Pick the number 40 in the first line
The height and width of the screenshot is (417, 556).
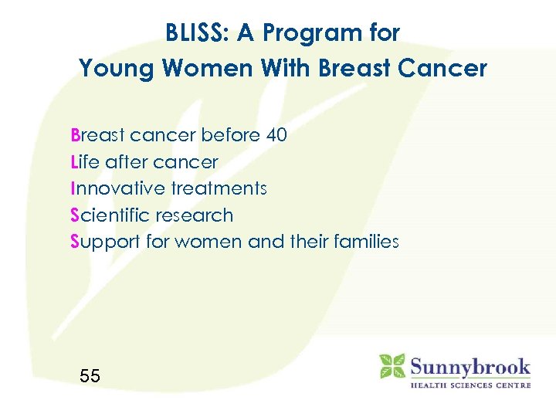click(x=276, y=136)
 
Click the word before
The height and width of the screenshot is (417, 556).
click(x=230, y=136)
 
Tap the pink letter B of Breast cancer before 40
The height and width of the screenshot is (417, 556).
click(x=75, y=136)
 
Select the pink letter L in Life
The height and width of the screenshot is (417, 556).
click(x=73, y=162)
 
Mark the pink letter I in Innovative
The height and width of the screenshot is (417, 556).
click(x=72, y=188)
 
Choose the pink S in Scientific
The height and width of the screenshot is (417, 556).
click(x=75, y=215)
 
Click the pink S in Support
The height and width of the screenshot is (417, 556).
click(x=75, y=242)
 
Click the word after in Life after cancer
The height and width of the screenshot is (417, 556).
click(x=125, y=162)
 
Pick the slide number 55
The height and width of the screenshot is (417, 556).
click(x=90, y=376)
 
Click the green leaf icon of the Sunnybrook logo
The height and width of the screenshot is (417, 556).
click(x=392, y=366)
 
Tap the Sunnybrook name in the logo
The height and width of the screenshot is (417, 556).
click(x=470, y=365)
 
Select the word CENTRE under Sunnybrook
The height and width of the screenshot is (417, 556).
click(x=510, y=385)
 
